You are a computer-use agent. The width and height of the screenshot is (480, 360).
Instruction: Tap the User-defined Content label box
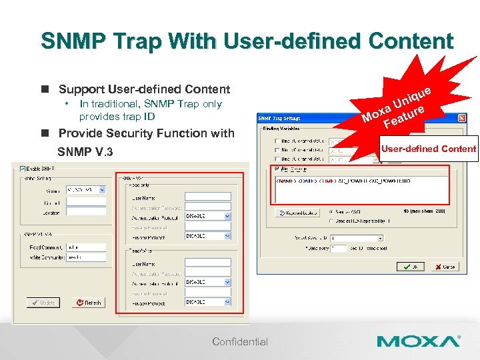click(428, 149)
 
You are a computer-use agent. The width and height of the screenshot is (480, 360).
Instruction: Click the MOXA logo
click(418, 342)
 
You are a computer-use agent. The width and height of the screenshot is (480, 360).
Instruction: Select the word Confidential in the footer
click(240, 342)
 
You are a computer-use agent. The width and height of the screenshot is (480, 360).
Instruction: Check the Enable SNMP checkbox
click(23, 168)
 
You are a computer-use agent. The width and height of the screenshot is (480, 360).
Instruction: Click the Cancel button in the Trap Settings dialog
click(443, 266)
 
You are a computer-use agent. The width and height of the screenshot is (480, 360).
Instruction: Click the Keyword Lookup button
click(298, 213)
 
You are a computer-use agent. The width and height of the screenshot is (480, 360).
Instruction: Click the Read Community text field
click(86, 247)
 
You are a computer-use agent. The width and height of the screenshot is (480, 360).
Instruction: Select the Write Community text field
click(86, 257)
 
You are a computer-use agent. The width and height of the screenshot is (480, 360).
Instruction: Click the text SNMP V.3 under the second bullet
click(85, 153)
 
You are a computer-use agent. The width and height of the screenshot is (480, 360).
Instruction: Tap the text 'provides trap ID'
click(117, 116)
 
